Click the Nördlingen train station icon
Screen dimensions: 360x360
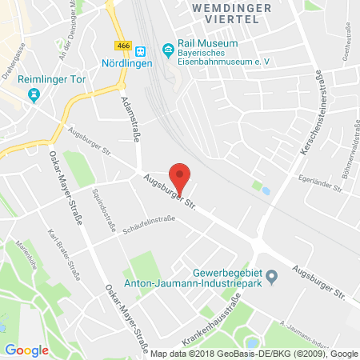(x=139, y=49)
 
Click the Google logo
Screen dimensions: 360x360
(x=26, y=350)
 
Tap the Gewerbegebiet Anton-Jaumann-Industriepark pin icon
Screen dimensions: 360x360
(x=272, y=278)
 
